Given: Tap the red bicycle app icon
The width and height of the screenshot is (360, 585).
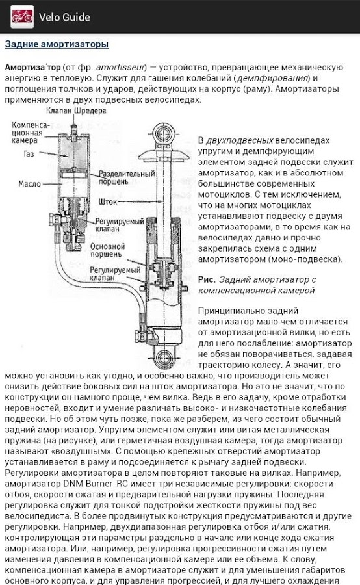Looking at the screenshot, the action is tap(22, 17).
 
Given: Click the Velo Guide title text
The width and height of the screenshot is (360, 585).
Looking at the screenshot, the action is tap(64, 17).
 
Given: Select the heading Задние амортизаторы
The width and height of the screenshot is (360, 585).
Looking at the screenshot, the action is tap(57, 44).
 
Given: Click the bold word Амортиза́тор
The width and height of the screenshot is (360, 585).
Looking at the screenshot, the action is tap(32, 68).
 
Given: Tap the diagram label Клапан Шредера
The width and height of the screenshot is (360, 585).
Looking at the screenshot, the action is tap(76, 110).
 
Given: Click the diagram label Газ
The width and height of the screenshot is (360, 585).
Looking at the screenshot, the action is tap(29, 154).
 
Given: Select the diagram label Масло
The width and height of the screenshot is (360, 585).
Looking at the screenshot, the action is tap(29, 184).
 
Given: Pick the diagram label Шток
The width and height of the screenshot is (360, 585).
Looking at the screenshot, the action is tap(108, 202).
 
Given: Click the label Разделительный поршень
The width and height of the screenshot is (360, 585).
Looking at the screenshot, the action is tap(127, 178).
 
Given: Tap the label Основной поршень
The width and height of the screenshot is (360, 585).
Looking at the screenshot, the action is tap(107, 250).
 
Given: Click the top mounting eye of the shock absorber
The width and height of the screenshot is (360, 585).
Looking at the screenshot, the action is tap(163, 133).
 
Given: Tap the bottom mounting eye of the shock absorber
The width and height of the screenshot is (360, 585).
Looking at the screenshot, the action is tap(164, 359).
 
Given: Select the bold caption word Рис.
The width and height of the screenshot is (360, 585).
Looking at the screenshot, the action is tap(207, 279).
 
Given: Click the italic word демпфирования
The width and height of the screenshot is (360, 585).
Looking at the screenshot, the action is tap(273, 79).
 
